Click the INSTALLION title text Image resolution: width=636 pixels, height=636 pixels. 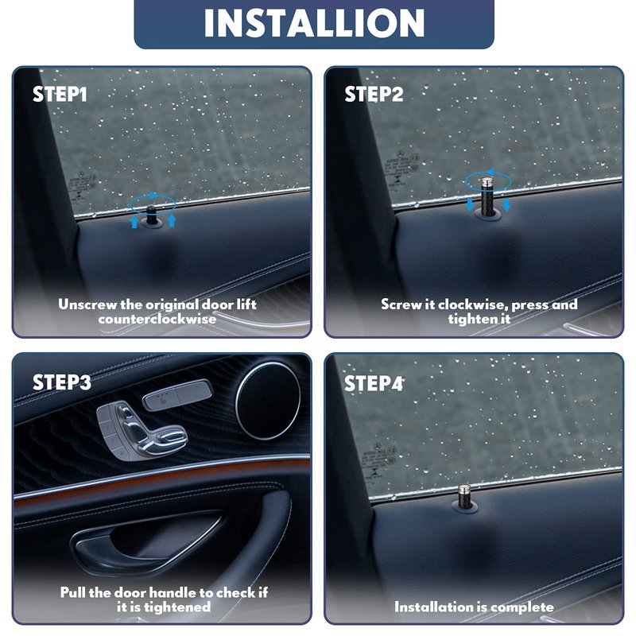click(314, 23)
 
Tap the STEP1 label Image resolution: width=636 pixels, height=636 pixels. click(60, 94)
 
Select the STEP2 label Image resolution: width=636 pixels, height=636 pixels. click(374, 94)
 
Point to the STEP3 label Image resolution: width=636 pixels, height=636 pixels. click(62, 382)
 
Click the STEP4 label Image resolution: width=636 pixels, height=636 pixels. click(374, 383)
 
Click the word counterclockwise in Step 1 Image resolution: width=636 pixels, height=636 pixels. click(157, 319)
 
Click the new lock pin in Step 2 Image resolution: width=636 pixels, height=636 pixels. click(487, 196)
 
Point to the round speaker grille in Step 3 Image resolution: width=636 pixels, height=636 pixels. click(268, 401)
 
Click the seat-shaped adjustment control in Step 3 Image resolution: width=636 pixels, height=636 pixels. click(141, 430)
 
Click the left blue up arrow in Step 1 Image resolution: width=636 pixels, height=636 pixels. click(134, 222)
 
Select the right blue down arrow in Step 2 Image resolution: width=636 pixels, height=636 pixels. click(506, 204)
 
